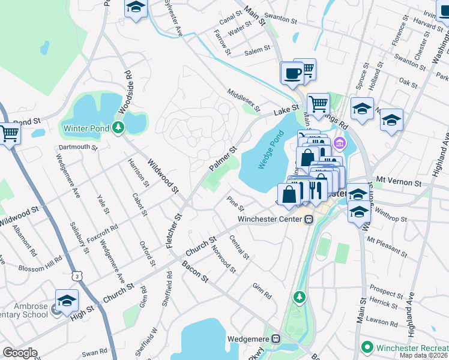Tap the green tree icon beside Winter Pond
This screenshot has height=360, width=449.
pos(119,127)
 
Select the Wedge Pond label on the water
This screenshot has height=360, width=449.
pos(263,152)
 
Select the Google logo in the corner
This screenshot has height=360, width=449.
pos(20,353)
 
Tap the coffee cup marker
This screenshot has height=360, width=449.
pos(292,73)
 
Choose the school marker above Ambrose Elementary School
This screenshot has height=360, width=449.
pos(67,300)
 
